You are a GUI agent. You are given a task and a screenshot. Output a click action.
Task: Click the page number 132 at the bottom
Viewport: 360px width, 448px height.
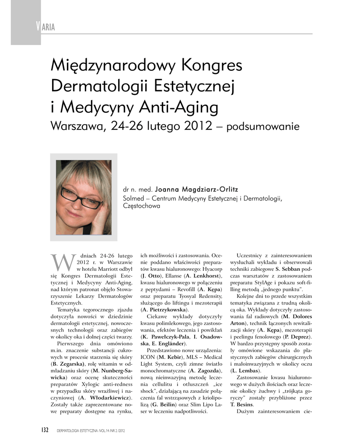tap(42, 430)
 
